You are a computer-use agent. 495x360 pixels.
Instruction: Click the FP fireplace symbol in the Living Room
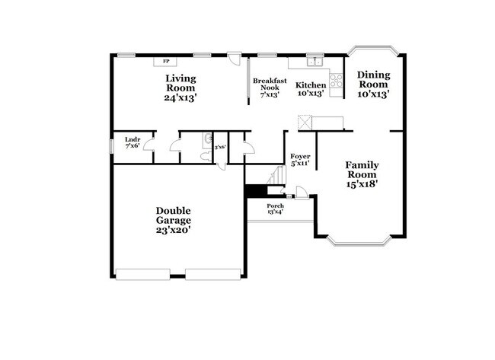point(165,61)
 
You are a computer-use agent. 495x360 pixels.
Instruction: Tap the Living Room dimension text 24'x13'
point(180,97)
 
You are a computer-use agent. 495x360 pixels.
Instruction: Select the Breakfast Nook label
point(270,84)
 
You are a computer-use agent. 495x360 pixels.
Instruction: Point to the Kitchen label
point(311,84)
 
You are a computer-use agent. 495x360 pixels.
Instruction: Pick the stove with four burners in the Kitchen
point(336,79)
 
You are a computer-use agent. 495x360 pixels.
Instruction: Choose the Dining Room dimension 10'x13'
point(374,94)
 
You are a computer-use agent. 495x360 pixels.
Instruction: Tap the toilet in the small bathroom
point(206,155)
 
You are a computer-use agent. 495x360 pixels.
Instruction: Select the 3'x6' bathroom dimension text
point(220,148)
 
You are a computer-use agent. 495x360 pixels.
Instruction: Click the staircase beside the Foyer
point(274,176)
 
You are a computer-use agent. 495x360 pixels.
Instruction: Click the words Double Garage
point(174,215)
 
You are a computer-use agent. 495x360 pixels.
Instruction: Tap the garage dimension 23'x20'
point(174,230)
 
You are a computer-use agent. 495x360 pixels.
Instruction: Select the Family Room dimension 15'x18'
point(362,183)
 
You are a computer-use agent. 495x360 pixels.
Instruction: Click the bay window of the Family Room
point(359,242)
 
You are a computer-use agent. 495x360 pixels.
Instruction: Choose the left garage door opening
point(142,273)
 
